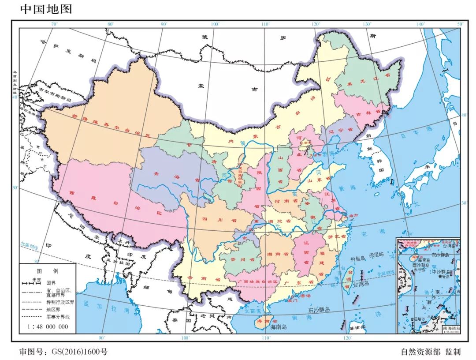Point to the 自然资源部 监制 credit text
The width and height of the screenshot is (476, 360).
pyautogui.click(x=430, y=352)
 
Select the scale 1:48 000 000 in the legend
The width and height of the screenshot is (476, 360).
pyautogui.click(x=48, y=326)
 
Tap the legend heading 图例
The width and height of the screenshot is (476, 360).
pyautogui.click(x=47, y=270)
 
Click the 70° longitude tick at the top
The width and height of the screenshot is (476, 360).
pyautogui.click(x=54, y=24)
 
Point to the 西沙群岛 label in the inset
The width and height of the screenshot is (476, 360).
pyautogui.click(x=421, y=266)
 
